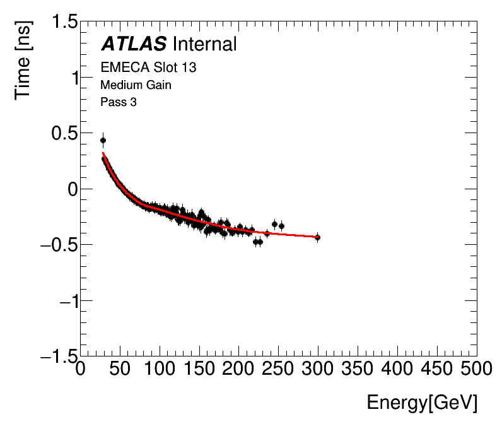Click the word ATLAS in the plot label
(x=134, y=44)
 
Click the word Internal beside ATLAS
(x=204, y=44)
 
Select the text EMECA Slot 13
(x=148, y=67)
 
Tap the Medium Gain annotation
(x=136, y=85)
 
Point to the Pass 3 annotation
(x=119, y=102)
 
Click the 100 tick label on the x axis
(x=160, y=368)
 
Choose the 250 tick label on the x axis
(x=279, y=368)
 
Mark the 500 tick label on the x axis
(x=476, y=368)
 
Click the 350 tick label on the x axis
(x=358, y=368)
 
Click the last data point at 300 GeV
(x=317, y=237)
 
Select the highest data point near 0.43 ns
(x=103, y=141)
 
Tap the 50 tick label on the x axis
(x=120, y=368)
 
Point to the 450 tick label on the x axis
(x=436, y=368)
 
